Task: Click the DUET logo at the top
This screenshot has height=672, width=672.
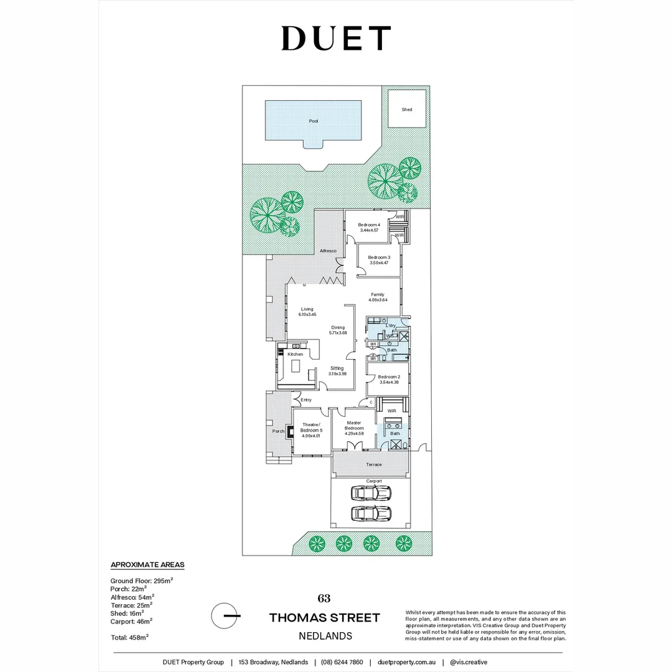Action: pos(336,38)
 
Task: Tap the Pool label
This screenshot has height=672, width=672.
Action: pos(313,121)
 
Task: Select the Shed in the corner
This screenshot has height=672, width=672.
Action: pos(407,110)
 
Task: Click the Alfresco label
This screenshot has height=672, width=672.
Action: pos(328,251)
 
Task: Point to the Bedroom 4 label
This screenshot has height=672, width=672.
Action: pos(369,225)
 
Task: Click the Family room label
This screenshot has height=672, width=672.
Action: pos(378,294)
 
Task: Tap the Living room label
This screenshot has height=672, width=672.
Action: pos(307,309)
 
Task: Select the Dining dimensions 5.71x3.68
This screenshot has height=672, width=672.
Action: pos(338,333)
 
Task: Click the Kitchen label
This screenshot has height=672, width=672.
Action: pos(295,354)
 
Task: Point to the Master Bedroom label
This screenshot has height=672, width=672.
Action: pos(354,425)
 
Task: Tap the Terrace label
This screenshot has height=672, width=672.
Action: pos(374,465)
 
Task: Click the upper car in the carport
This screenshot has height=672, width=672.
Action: pos(371,493)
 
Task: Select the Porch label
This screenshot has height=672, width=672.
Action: pos(278,431)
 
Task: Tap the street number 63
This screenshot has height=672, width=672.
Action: pos(324,599)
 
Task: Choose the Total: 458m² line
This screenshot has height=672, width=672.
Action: pos(129,637)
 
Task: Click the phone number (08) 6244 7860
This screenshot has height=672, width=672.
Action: pos(342,662)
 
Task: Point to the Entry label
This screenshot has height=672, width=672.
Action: pos(306,399)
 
